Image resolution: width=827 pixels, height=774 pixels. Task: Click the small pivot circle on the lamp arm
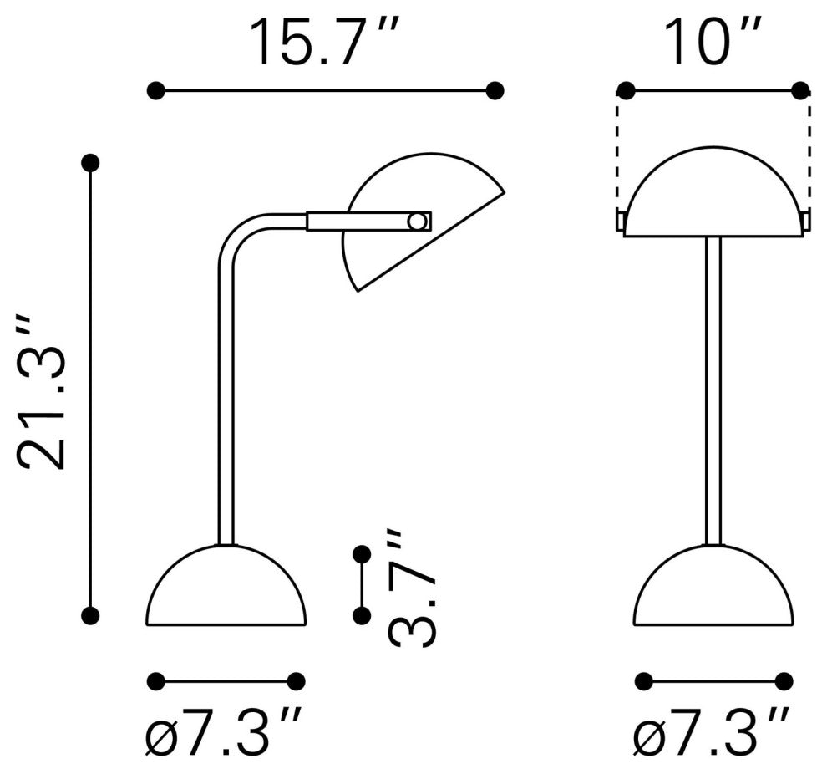(x=417, y=222)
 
